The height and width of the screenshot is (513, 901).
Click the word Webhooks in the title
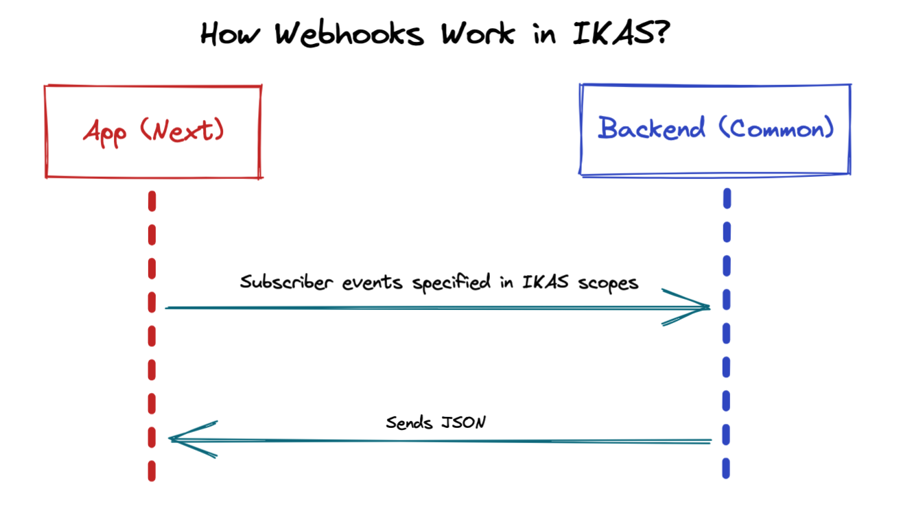pyautogui.click(x=349, y=34)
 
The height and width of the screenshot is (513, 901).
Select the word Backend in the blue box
pyautogui.click(x=651, y=128)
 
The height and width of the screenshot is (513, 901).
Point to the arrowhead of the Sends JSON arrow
pyautogui.click(x=177, y=439)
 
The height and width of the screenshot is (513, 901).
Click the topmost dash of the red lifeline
pyautogui.click(x=152, y=201)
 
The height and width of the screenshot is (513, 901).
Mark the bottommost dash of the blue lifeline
pyautogui.click(x=725, y=469)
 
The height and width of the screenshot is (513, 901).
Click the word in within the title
pyautogui.click(x=543, y=34)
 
